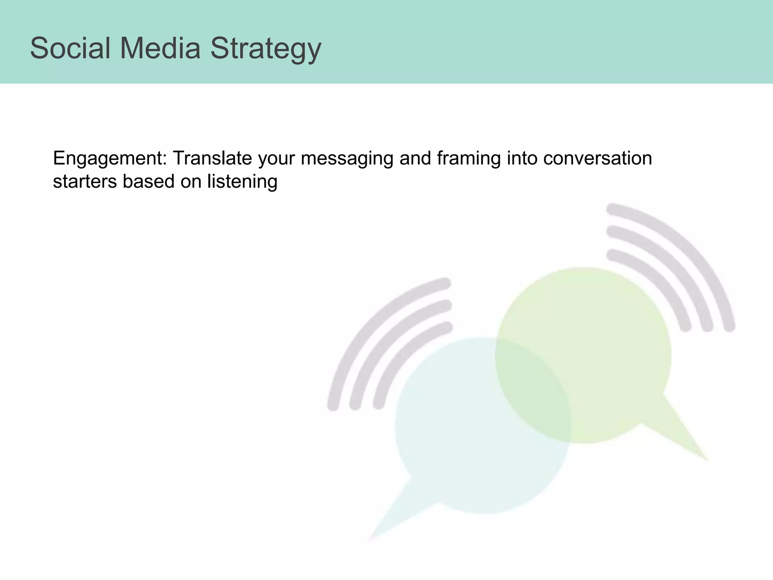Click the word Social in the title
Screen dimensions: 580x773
pyautogui.click(x=70, y=48)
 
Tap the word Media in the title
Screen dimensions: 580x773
pyautogui.click(x=160, y=48)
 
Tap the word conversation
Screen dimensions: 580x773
pyautogui.click(x=597, y=158)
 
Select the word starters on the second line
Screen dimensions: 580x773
pyautogui.click(x=85, y=182)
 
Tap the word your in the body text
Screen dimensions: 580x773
pyautogui.click(x=276, y=159)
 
